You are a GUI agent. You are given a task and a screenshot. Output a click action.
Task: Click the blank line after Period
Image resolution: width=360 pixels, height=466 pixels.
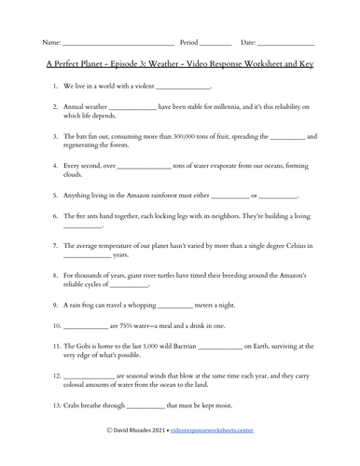click(x=215, y=44)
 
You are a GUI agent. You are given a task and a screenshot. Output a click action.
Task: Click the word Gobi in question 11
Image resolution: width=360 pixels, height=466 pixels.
click(x=87, y=346)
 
